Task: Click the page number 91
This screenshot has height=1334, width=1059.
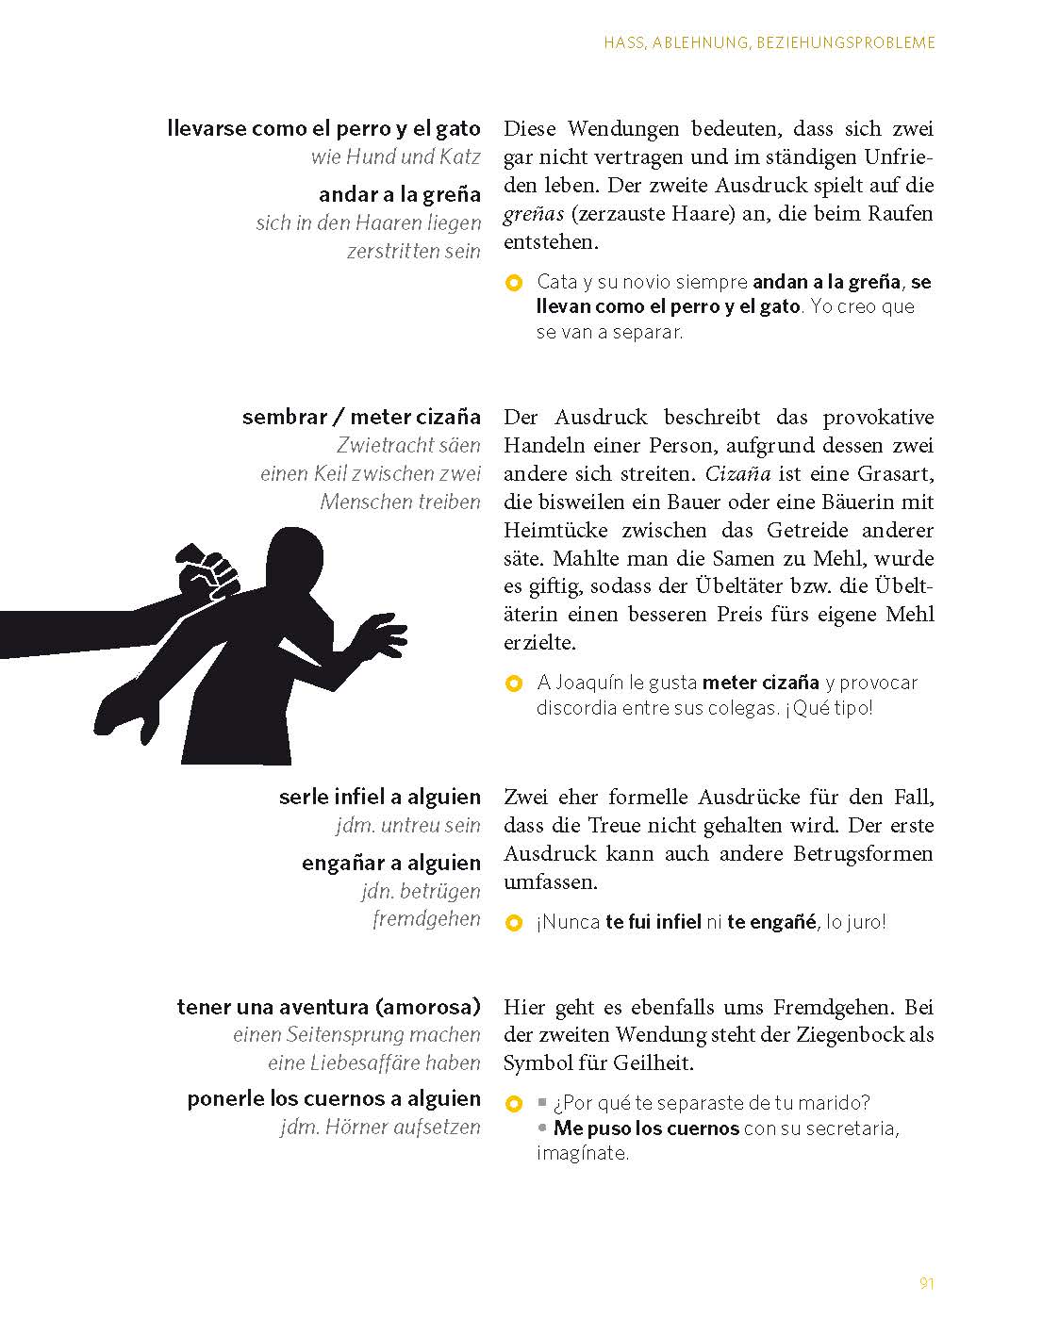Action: coord(925,1283)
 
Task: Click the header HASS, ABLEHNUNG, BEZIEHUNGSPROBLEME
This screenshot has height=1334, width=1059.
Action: coord(769,42)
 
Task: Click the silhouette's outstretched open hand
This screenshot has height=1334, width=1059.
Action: coord(381,636)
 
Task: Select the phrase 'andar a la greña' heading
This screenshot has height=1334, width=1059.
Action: coord(399,195)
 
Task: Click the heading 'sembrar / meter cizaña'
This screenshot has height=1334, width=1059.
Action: coord(361,417)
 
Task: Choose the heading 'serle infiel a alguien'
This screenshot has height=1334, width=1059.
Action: coord(379,797)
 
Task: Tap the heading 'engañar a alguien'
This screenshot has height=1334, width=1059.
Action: coord(390,863)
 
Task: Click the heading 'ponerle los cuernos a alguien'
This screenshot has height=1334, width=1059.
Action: coord(334,1099)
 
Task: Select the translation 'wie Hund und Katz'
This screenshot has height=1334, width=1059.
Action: coord(395,156)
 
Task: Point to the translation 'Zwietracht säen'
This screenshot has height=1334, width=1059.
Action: coord(408,445)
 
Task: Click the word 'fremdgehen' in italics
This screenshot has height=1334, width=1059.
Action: coord(426,918)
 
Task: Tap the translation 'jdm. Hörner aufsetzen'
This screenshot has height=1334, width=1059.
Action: coord(380,1127)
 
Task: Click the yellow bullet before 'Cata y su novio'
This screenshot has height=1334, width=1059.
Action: coord(514,282)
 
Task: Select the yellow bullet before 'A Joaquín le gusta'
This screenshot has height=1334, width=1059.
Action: coord(514,683)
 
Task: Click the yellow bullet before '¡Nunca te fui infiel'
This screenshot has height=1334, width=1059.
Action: coord(514,923)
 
